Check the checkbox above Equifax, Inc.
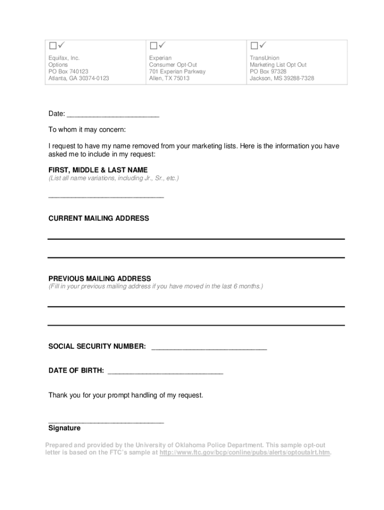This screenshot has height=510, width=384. pyautogui.click(x=52, y=46)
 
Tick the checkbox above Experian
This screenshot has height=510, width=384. pyautogui.click(x=153, y=46)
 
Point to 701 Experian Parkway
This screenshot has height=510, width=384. pyautogui.click(x=177, y=72)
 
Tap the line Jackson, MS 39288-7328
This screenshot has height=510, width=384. pyautogui.click(x=282, y=78)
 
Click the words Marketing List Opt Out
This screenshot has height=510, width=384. pyautogui.click(x=278, y=65)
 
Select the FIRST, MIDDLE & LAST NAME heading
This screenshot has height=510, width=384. pyautogui.click(x=98, y=170)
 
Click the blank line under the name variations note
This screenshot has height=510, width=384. pyautogui.click(x=106, y=197)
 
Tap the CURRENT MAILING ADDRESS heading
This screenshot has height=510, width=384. pyautogui.click(x=99, y=219)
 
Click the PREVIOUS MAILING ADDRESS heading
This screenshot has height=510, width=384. pyautogui.click(x=100, y=278)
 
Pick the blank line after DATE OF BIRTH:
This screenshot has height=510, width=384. pyautogui.click(x=165, y=373)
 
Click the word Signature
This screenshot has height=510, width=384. pyautogui.click(x=64, y=428)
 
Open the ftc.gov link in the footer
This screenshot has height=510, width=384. pyautogui.click(x=245, y=453)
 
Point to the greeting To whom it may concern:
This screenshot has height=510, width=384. pyautogui.click(x=87, y=129)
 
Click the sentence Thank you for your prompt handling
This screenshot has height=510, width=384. pyautogui.click(x=126, y=395)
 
